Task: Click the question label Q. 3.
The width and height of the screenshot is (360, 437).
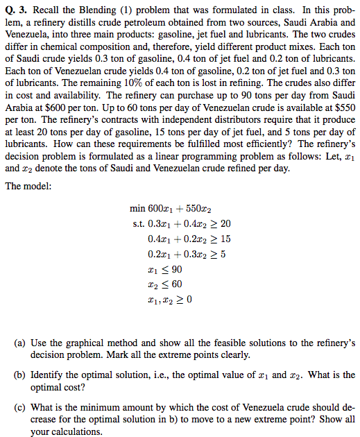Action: click(15, 8)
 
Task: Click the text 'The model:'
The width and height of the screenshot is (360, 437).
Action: click(27, 186)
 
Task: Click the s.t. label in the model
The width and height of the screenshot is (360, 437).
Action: click(137, 223)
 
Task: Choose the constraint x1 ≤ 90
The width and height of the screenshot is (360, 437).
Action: click(164, 269)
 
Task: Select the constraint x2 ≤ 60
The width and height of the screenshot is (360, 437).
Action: click(164, 284)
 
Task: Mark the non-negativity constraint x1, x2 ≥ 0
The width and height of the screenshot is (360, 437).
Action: click(169, 300)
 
